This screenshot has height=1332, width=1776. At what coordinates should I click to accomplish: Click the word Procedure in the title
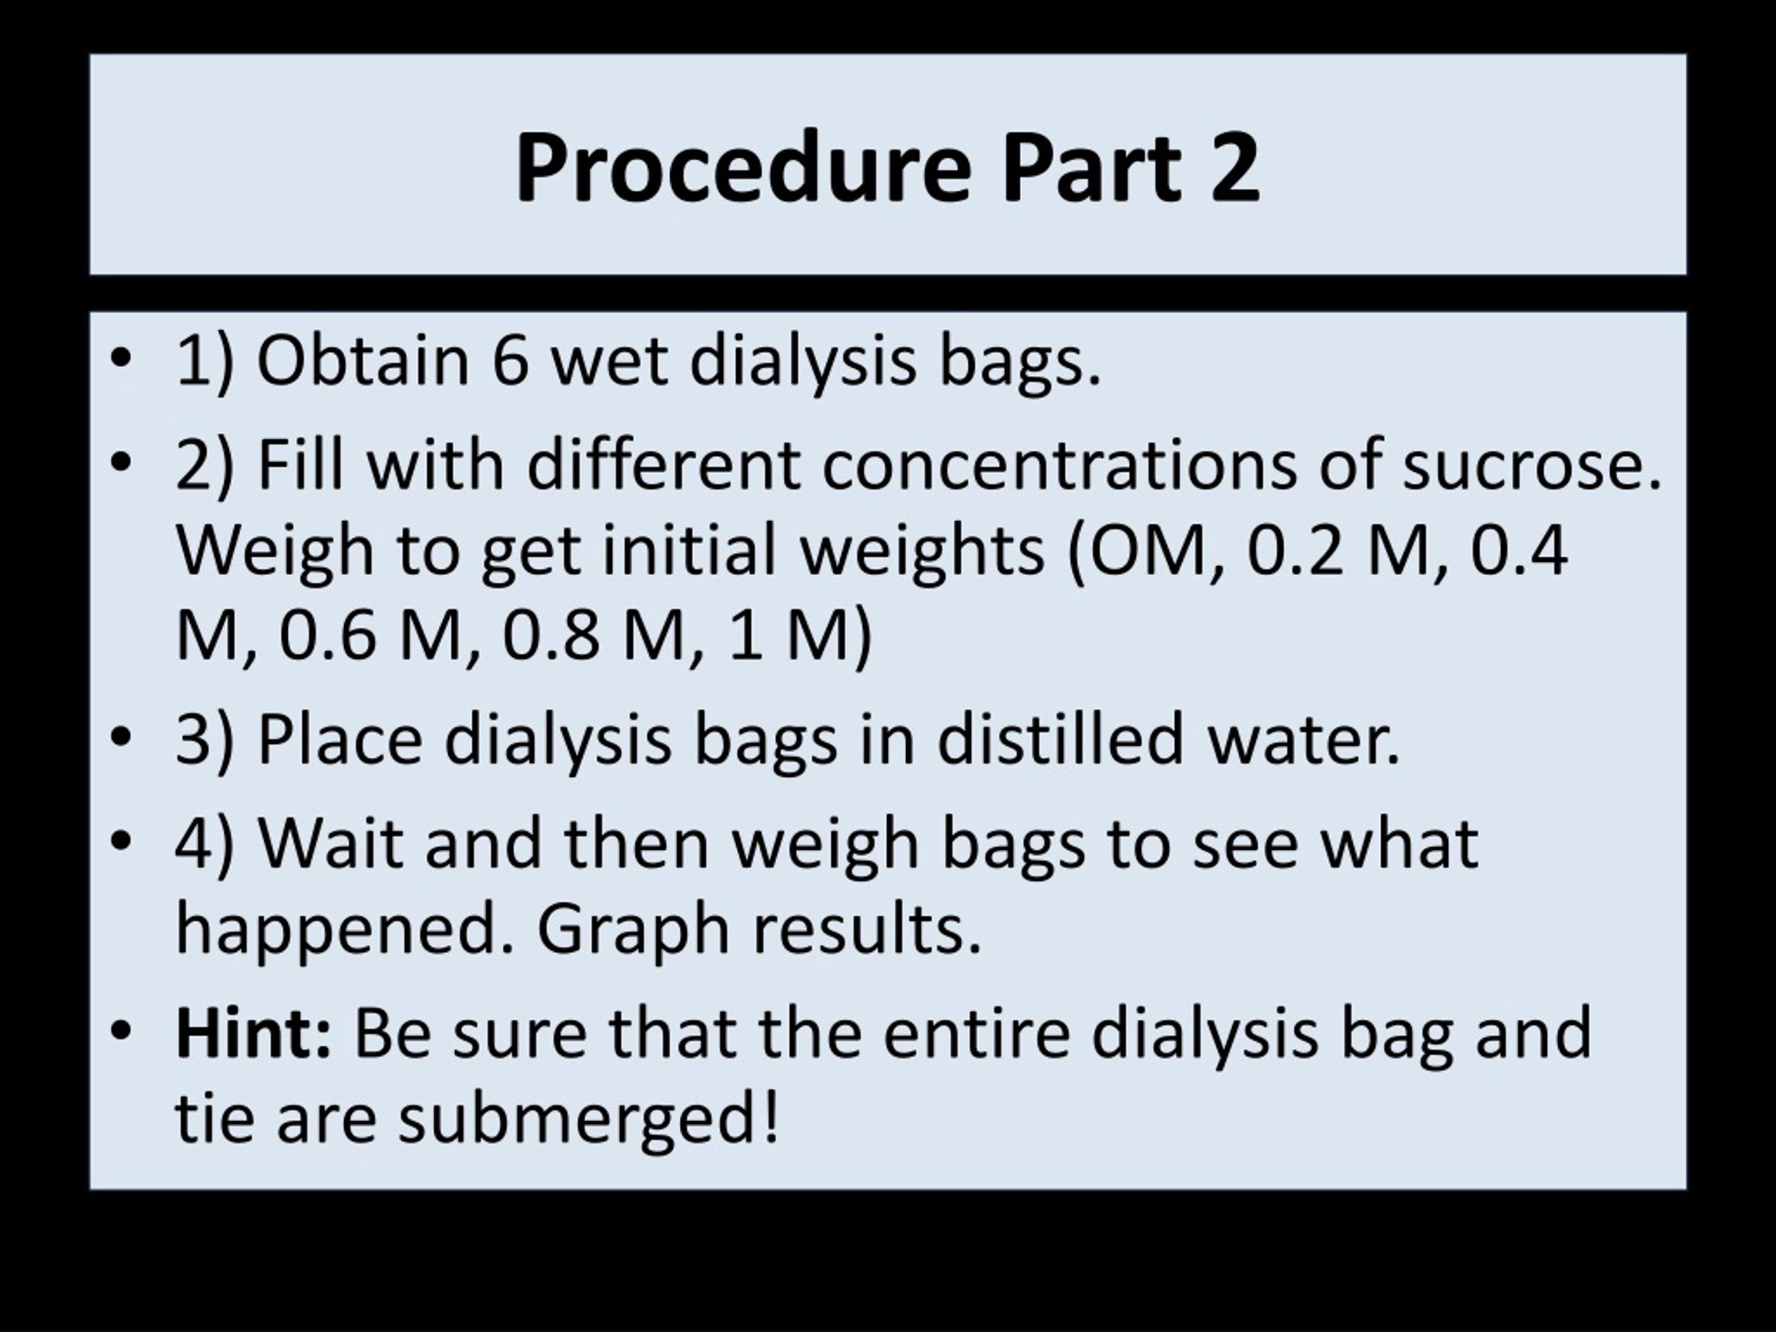(743, 169)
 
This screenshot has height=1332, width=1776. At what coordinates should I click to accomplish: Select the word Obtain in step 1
(362, 361)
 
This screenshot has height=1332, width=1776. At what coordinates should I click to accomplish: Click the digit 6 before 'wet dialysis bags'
(511, 361)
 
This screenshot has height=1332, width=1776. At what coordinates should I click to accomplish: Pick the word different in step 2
(663, 465)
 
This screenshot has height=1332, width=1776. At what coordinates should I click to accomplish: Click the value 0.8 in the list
(551, 636)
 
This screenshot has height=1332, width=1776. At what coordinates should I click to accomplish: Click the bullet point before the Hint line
(121, 1031)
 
